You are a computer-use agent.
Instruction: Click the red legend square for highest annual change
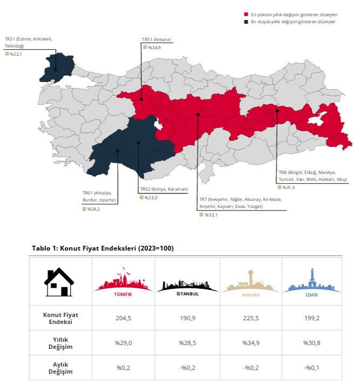pos(246,15)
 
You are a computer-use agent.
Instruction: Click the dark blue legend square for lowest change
pos(246,22)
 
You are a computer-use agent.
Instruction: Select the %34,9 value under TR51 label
pos(155,48)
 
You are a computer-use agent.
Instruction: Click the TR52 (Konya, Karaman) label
pos(164,189)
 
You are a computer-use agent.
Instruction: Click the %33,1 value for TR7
pos(210,215)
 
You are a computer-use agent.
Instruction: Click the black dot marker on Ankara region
pos(141,99)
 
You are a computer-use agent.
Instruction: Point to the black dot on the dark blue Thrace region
pos(56,69)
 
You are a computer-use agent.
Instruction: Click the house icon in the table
pos(59,282)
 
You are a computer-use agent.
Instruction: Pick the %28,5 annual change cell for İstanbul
pos(187,342)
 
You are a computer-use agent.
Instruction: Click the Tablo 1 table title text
pos(103,248)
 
